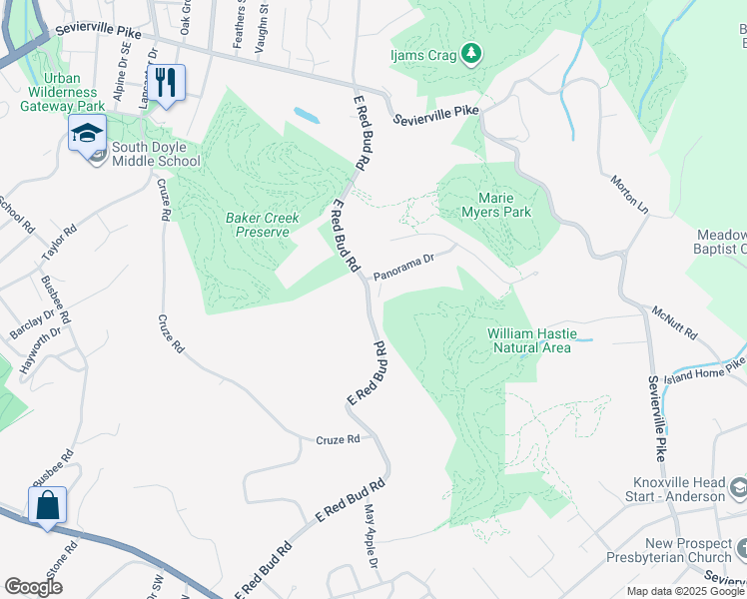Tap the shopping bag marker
tap(47, 506)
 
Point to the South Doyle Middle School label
tap(156, 154)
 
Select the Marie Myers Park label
tap(496, 205)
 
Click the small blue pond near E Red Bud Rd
tap(307, 115)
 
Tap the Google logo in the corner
tap(33, 586)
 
